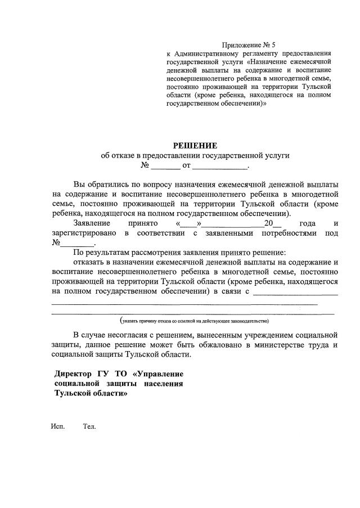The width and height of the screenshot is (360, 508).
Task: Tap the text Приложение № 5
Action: [249, 44]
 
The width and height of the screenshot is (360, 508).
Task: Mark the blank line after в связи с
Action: [295, 292]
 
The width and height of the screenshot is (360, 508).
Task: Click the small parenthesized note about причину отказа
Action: [194, 321]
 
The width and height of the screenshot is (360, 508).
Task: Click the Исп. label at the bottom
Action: [58, 427]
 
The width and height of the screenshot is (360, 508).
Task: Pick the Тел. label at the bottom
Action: [89, 427]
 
